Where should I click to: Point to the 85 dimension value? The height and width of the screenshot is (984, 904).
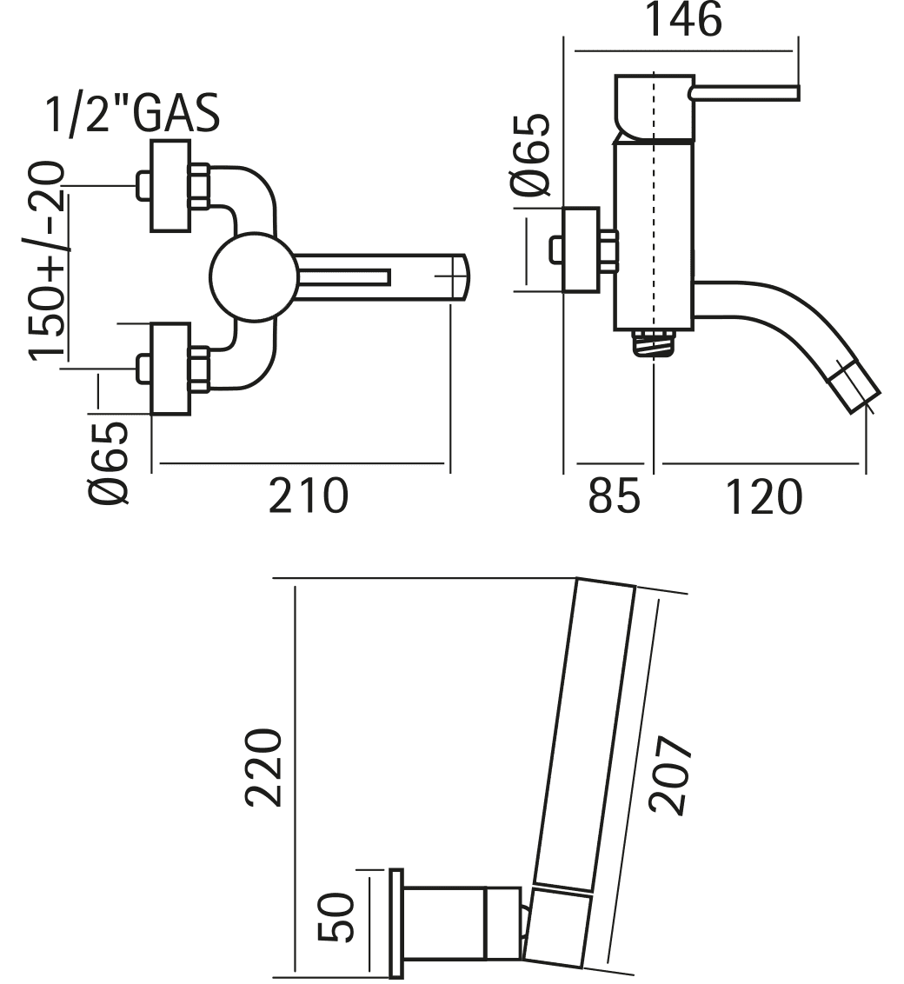coord(614,498)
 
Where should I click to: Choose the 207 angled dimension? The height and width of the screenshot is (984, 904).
coord(670,775)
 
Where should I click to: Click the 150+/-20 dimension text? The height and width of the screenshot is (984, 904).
coord(49,261)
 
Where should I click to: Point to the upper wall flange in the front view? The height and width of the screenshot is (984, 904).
coord(169,185)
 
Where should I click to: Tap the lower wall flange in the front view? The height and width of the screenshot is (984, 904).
coord(169,369)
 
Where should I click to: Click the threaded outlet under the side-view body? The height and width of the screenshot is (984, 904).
coord(652,341)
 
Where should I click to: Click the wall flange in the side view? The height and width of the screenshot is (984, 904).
coord(581,249)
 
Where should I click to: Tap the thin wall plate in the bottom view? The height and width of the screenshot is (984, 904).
coord(396,923)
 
